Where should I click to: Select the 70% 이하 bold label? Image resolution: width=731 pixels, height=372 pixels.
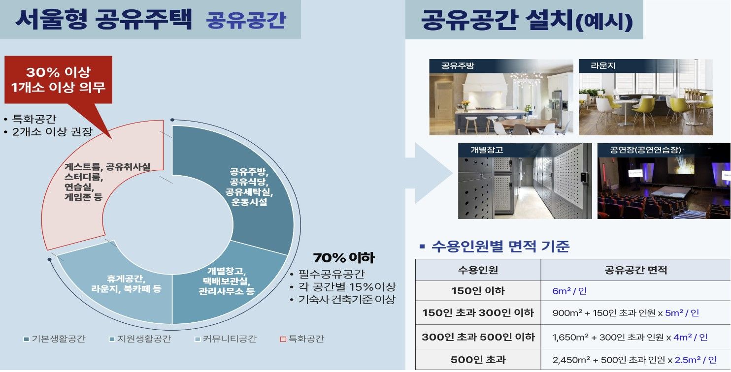click(x=344, y=258)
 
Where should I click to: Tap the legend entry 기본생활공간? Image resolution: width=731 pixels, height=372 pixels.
click(x=55, y=339)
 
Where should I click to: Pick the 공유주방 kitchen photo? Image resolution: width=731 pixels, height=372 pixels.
click(x=501, y=97)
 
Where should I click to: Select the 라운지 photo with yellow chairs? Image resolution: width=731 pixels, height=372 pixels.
click(x=645, y=97)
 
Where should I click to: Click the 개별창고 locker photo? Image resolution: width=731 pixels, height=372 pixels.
click(x=525, y=181)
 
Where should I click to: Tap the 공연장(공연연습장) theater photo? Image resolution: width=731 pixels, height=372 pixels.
click(x=664, y=181)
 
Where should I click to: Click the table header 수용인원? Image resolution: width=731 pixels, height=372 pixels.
click(x=478, y=270)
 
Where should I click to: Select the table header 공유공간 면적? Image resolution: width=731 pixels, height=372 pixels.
click(x=635, y=270)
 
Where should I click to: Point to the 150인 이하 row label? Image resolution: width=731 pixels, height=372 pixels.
click(x=478, y=291)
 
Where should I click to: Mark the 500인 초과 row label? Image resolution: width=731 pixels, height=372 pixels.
click(x=478, y=360)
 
